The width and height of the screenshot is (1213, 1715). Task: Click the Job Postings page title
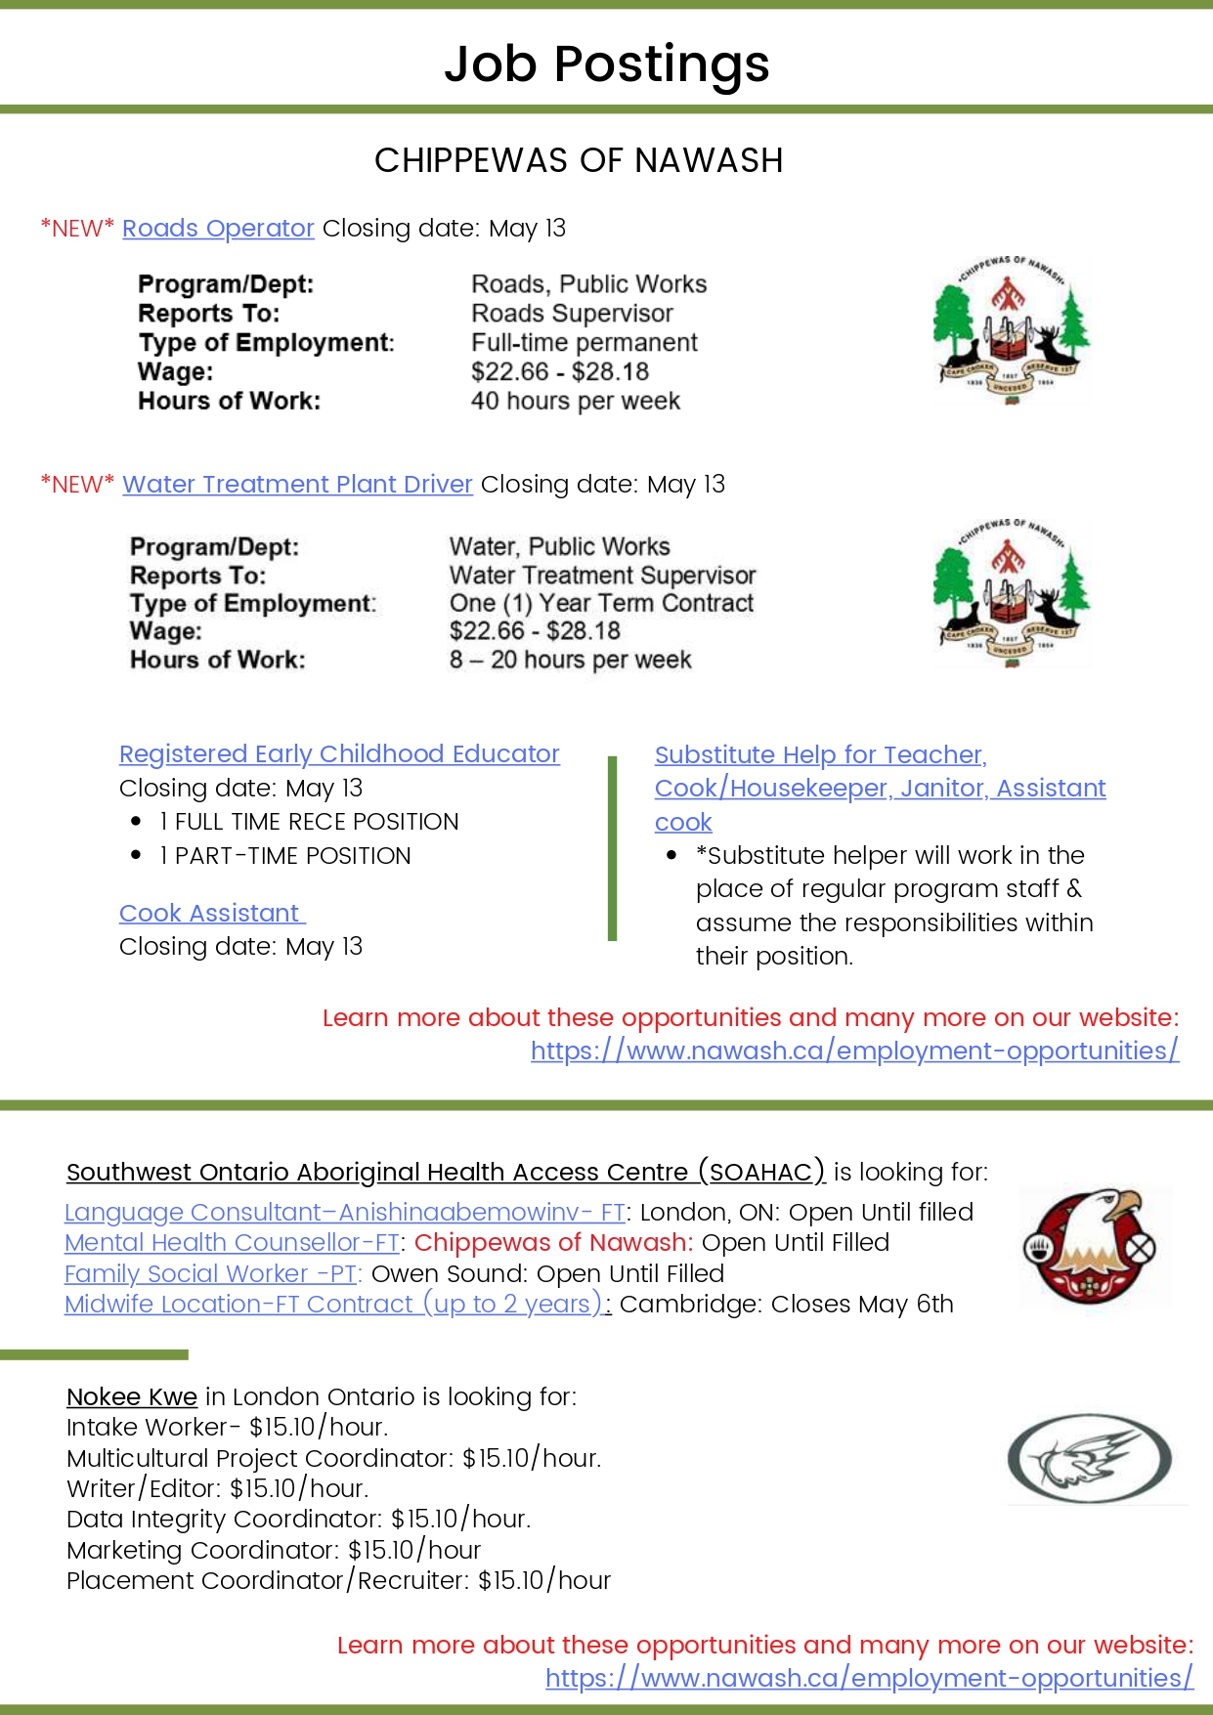606,64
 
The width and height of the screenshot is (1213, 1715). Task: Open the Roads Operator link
218,229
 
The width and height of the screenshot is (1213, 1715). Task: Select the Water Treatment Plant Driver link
297,485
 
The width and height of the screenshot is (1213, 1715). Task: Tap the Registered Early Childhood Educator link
339,754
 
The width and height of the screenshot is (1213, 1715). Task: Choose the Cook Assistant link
210,914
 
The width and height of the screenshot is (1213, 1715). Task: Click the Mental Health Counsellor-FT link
232,1243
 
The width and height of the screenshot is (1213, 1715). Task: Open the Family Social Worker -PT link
212,1274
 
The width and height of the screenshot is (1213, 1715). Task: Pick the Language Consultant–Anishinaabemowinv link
344,1213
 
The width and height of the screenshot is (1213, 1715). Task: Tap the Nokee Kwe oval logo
1089,1458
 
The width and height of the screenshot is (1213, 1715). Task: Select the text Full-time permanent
584,343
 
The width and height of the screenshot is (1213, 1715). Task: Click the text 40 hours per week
575,402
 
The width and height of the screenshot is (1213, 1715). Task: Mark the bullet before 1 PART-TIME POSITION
136,855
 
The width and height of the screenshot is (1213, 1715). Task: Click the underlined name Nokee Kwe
132,1397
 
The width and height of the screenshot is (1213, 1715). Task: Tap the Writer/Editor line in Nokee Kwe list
217,1489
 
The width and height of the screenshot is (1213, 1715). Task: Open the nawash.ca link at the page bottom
869,1679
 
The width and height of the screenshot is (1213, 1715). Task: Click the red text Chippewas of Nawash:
553,1243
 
